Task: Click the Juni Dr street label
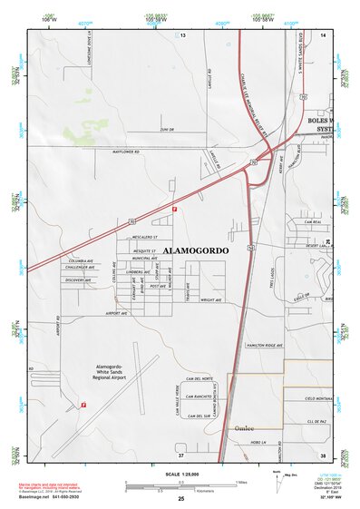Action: (x=165, y=129)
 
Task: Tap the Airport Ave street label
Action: (x=118, y=313)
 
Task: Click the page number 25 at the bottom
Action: (x=180, y=498)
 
